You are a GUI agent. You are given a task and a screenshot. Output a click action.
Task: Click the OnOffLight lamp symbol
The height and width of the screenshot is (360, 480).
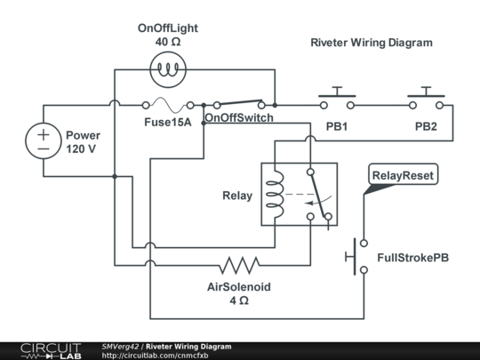165,68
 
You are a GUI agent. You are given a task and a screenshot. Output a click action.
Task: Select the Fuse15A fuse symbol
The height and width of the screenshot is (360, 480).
165,105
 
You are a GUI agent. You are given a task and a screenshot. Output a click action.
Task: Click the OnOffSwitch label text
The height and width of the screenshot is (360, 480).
238,118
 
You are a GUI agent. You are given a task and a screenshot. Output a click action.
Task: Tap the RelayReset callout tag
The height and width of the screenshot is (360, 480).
403,176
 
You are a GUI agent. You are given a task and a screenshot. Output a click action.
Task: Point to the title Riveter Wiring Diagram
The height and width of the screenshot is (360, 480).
371,43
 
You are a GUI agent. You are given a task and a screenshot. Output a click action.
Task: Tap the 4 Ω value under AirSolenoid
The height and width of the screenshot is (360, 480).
238,301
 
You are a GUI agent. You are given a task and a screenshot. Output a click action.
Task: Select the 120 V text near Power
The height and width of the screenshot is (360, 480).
81,149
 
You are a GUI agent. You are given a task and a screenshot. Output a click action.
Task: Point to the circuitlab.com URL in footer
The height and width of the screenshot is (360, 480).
148,356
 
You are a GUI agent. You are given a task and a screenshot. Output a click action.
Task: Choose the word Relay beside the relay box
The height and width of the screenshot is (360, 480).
236,196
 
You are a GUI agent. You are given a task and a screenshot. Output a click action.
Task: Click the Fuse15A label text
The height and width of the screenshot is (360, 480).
168,122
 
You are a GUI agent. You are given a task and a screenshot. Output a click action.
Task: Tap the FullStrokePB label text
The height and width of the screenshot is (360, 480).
413,258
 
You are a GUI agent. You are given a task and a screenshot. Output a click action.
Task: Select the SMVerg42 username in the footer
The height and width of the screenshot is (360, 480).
120,346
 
